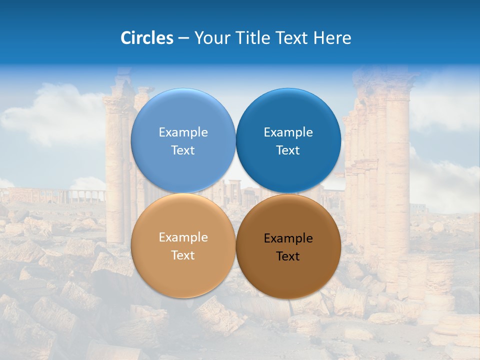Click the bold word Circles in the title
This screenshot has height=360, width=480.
point(146,38)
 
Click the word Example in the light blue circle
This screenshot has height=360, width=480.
point(183,132)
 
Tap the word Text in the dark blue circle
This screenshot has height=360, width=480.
point(288,150)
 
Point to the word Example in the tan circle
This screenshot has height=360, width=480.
point(183,237)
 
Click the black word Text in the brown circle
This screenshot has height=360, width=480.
point(288,256)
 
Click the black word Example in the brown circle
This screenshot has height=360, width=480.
point(288,238)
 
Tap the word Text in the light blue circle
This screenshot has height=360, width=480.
point(183,150)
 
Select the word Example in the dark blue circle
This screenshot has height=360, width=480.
point(288,132)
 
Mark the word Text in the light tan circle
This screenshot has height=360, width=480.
point(183,255)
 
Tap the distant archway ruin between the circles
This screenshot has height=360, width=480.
point(235,187)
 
